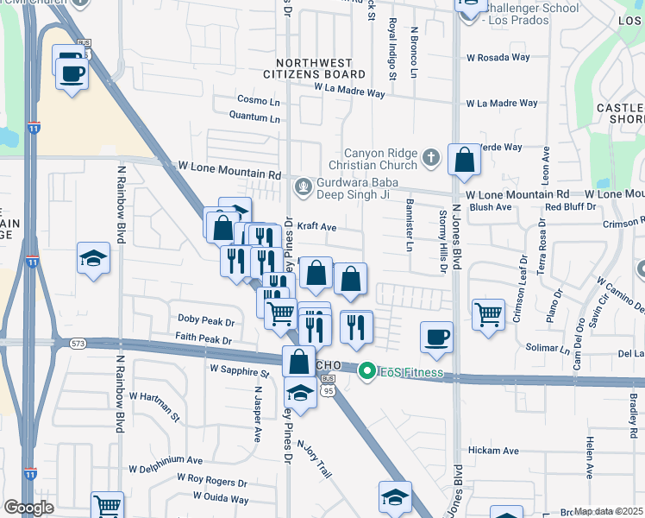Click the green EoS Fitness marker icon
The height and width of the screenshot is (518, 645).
point(366,372)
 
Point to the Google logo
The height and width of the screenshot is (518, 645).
point(28,508)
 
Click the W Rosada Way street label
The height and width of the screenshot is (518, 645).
point(498,58)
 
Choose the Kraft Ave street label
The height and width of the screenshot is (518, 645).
point(316,226)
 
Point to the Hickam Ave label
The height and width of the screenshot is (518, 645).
point(493,451)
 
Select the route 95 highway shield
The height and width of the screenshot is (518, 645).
point(329,389)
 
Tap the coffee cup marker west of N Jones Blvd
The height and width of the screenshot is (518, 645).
point(437,337)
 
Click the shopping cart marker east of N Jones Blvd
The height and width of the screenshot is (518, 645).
point(488,313)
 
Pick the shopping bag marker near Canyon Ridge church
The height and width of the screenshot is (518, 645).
point(464,160)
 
